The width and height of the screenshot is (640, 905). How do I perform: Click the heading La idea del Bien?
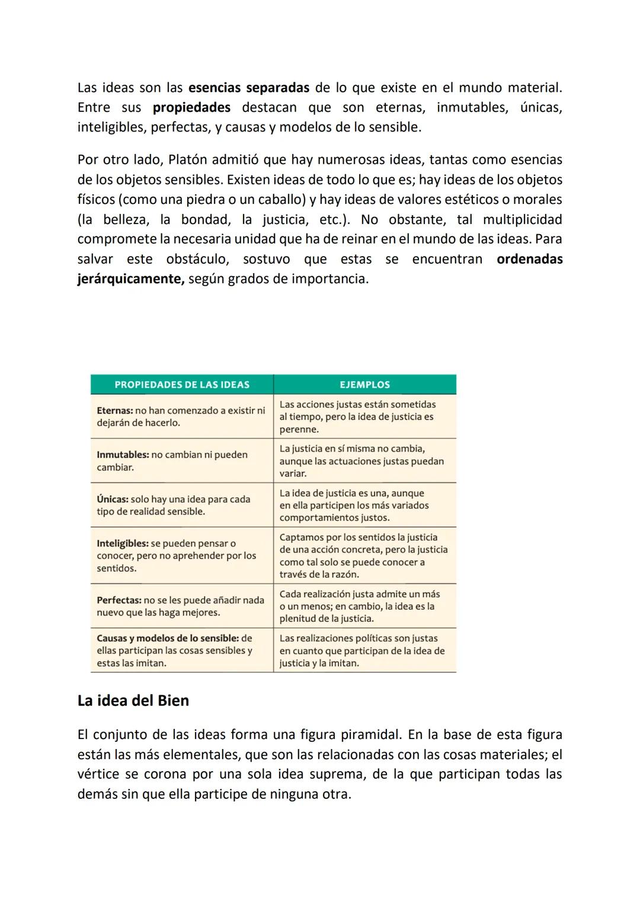(133, 701)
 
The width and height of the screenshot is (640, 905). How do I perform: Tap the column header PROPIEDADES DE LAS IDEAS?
(182, 385)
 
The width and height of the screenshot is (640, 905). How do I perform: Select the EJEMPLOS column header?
(364, 385)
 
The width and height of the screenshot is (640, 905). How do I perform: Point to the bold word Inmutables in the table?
(122, 455)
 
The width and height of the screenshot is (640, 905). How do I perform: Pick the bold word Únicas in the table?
(112, 499)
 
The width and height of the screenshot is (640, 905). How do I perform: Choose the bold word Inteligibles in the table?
(122, 543)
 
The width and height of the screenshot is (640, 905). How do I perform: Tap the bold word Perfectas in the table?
(119, 600)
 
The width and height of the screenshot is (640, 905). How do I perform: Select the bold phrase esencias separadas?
(248, 88)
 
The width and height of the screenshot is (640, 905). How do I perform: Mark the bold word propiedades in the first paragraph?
(191, 108)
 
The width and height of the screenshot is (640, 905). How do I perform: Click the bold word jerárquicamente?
(131, 279)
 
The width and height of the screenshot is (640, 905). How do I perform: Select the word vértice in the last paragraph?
(98, 775)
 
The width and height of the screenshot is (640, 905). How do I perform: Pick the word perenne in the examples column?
(299, 429)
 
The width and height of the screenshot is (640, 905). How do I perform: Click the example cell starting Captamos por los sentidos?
(363, 556)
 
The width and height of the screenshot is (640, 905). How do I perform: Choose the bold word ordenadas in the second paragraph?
(529, 259)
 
